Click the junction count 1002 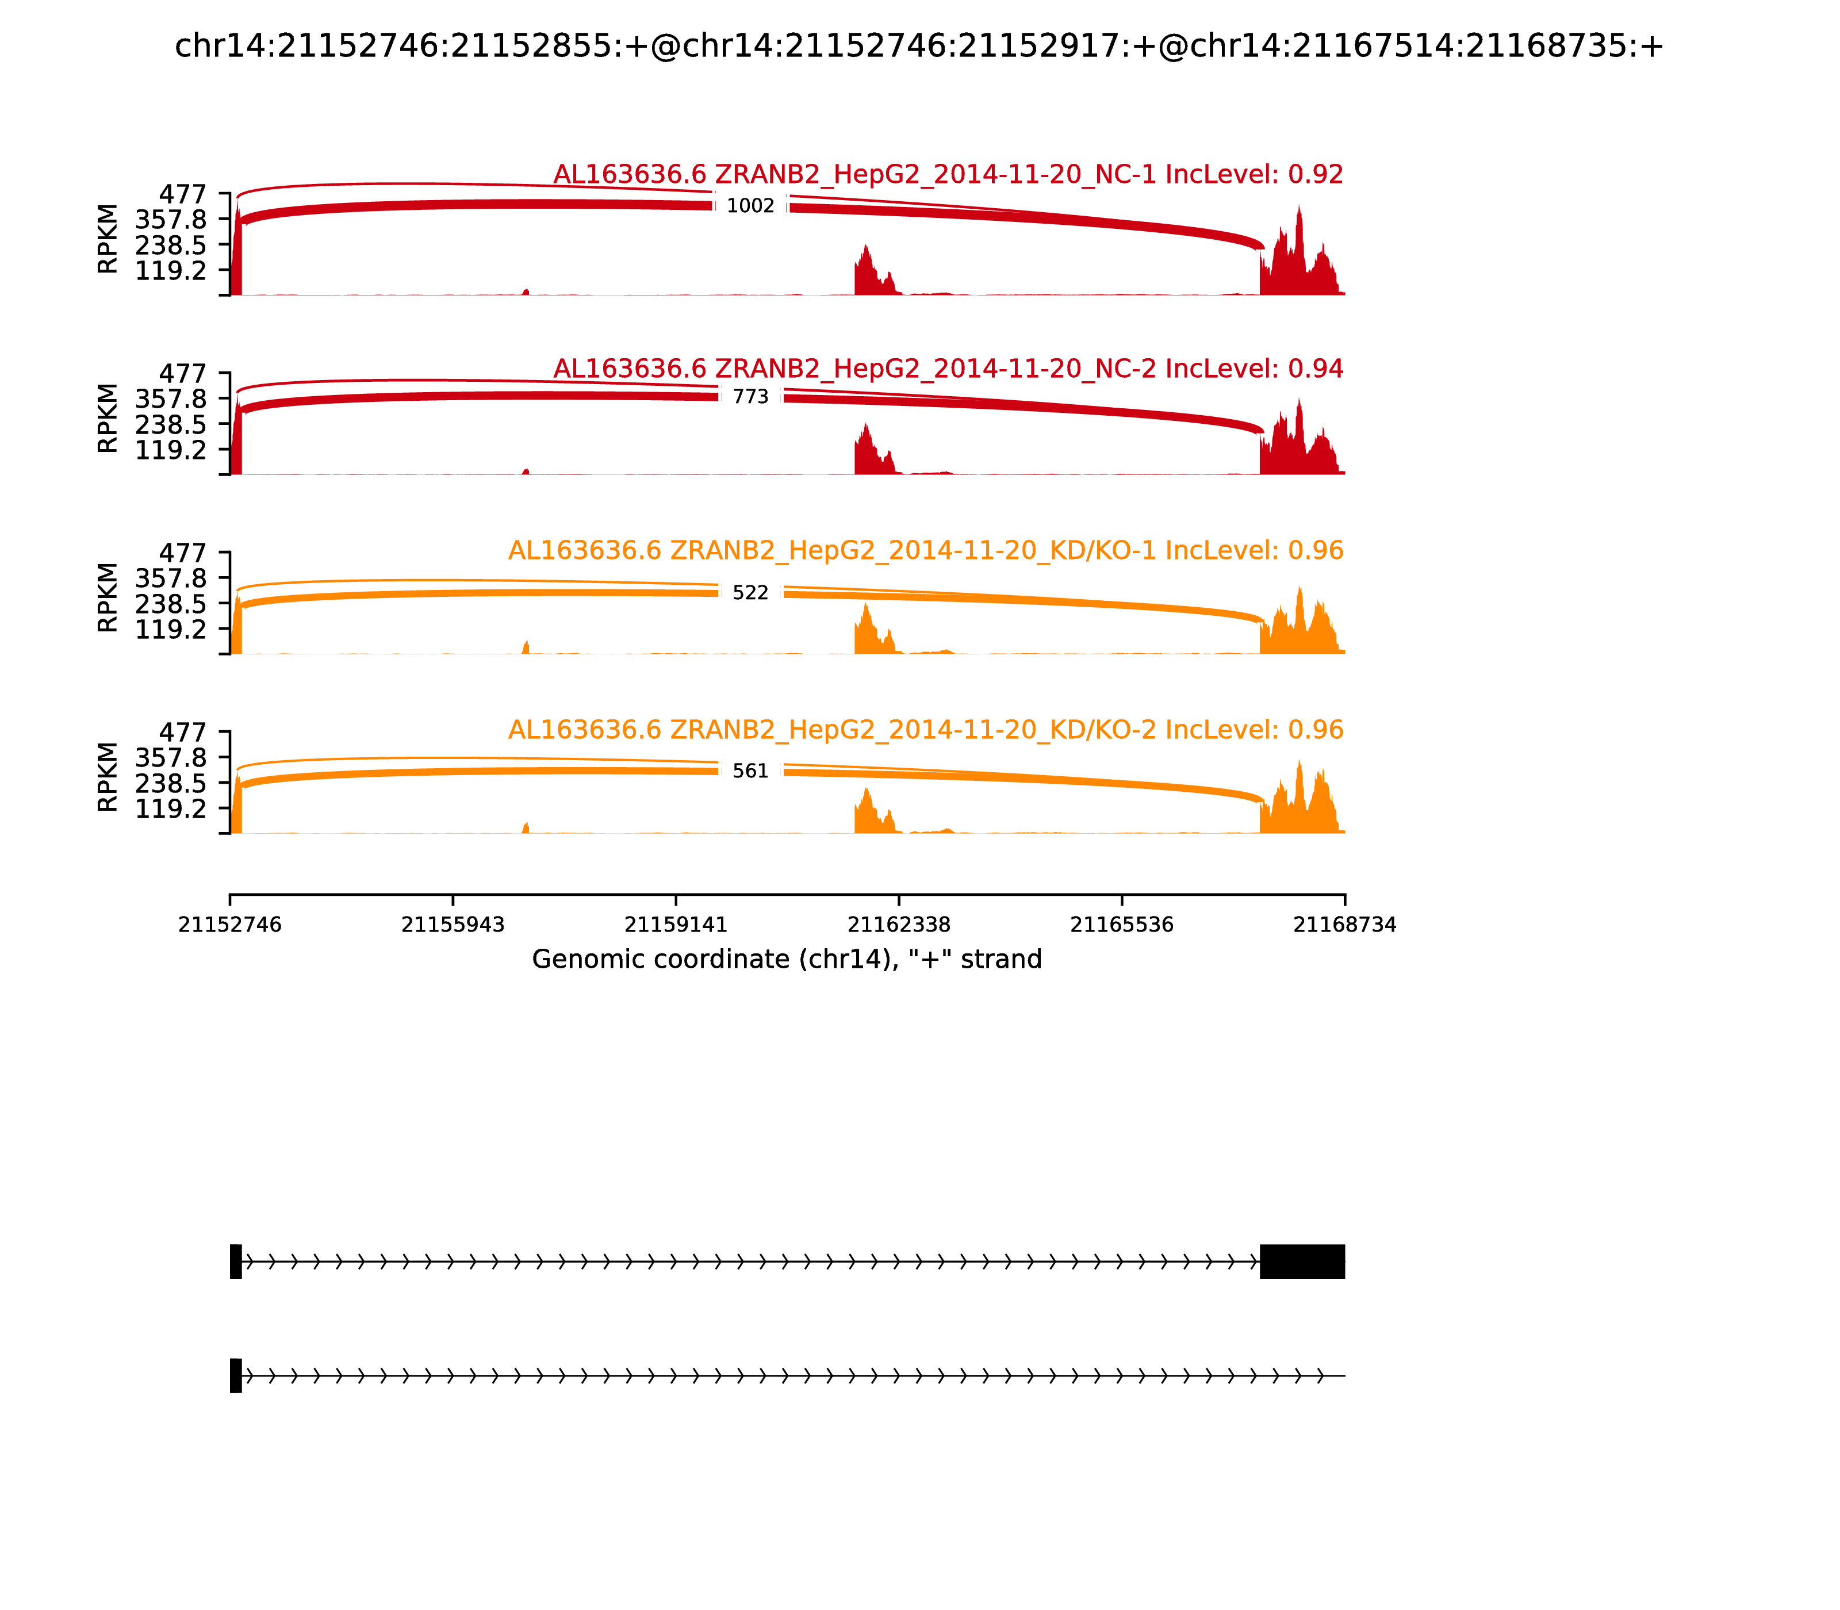(x=750, y=206)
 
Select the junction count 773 (x=750, y=397)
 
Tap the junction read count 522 (x=750, y=593)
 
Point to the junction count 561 (x=750, y=771)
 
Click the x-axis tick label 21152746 (x=230, y=925)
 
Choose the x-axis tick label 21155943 (x=453, y=925)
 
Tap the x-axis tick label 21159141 (x=676, y=925)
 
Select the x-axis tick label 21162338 (x=898, y=925)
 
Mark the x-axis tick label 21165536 (x=1121, y=925)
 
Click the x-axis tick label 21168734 (x=1344, y=925)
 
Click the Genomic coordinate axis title (x=787, y=960)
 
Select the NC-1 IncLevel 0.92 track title (x=948, y=174)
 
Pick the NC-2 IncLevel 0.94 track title (x=948, y=369)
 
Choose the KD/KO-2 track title (x=925, y=730)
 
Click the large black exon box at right (x=1302, y=1262)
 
